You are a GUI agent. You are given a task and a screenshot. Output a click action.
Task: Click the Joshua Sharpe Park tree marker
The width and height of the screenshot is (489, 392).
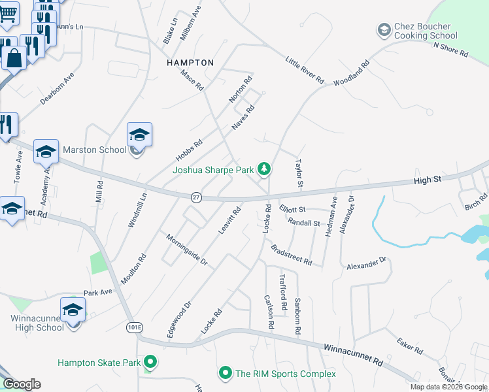point(264,169)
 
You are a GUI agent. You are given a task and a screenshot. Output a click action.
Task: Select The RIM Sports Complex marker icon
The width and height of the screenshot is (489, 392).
point(226,374)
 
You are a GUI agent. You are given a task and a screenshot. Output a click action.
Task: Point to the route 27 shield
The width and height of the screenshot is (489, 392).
point(196,197)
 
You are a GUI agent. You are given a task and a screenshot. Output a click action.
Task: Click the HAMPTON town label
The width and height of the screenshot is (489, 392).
point(190,63)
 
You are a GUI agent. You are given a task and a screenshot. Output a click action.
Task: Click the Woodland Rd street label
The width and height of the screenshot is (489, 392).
point(351,73)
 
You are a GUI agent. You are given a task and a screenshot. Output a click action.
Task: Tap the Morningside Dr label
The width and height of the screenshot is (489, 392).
point(186,250)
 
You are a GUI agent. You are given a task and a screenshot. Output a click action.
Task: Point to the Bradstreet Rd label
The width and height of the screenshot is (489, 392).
point(291,255)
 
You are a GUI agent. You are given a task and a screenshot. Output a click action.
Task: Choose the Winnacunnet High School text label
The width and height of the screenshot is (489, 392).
point(37,323)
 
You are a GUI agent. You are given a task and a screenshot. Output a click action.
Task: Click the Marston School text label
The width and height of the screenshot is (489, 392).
point(94,150)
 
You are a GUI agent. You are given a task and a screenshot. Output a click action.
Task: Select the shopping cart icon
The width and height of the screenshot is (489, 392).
point(7,12)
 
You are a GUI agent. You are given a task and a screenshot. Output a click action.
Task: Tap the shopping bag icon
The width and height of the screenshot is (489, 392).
point(14,59)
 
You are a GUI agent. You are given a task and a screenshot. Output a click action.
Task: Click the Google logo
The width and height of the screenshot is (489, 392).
point(22,384)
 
